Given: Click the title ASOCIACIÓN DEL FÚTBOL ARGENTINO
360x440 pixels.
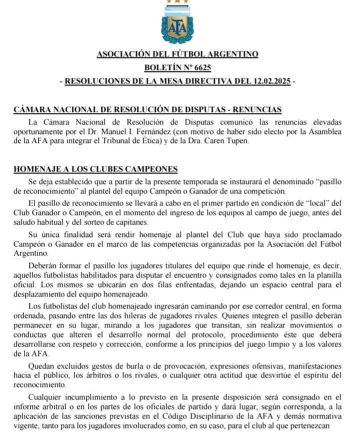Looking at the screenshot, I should [177, 54].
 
